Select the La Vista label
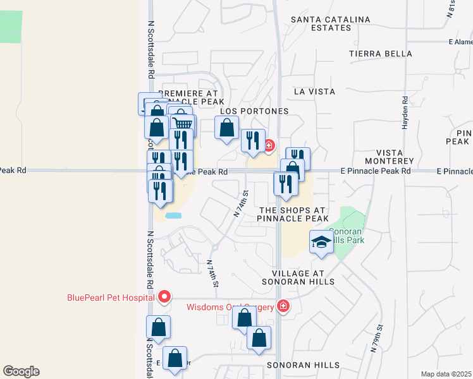pos(314,92)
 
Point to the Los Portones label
pos(254,111)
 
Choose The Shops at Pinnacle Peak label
pos(292,214)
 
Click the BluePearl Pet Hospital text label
pos(111,298)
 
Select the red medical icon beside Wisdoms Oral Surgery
pos(283,307)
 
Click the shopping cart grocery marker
pos(182,124)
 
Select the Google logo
pos(21,371)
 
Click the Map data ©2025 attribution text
pos(446,374)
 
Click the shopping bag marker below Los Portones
pos(226,128)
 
